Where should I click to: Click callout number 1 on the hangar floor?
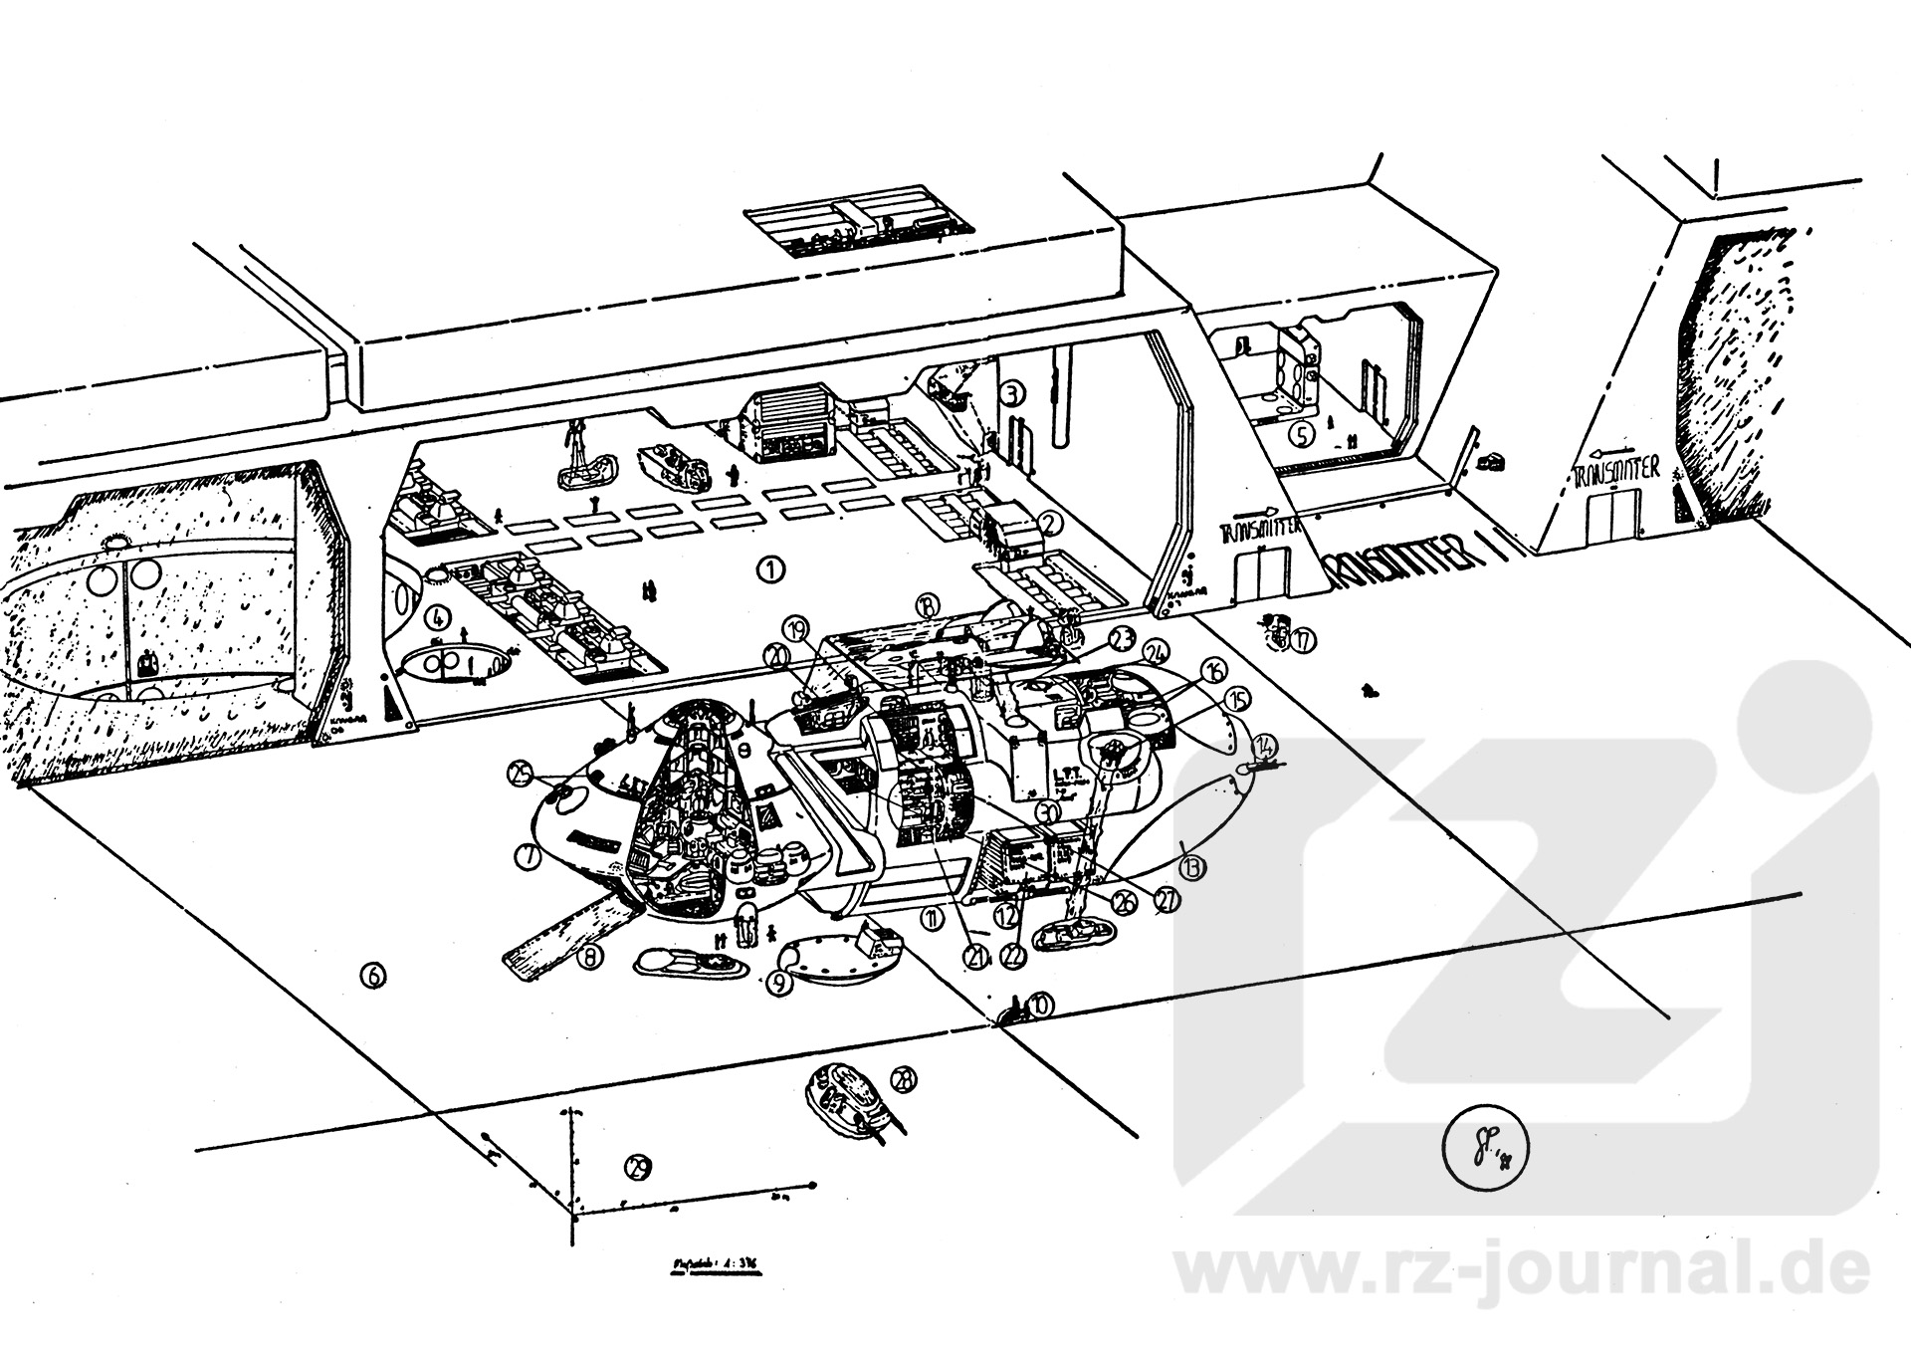(x=770, y=569)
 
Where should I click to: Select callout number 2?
(x=1051, y=522)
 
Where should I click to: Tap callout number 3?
(x=1012, y=393)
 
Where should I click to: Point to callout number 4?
(x=437, y=618)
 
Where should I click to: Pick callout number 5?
(x=1300, y=434)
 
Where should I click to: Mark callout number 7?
(x=528, y=854)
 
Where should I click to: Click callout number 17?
(x=1303, y=641)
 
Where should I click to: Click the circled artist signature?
(x=1483, y=1153)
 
